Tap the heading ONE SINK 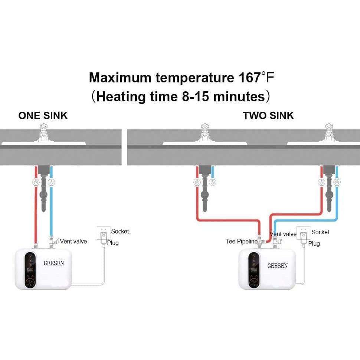click(43, 115)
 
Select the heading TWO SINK click(268, 115)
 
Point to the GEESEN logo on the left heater click(54, 264)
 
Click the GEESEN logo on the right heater click(277, 266)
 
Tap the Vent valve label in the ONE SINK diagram click(73, 241)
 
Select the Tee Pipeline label click(241, 241)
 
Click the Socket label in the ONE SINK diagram click(120, 231)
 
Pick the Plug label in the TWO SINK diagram click(314, 243)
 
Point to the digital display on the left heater click(30, 270)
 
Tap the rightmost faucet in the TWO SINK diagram click(330, 134)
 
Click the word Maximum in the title click(120, 78)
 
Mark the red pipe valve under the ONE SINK click(36, 183)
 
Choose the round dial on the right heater click(254, 284)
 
